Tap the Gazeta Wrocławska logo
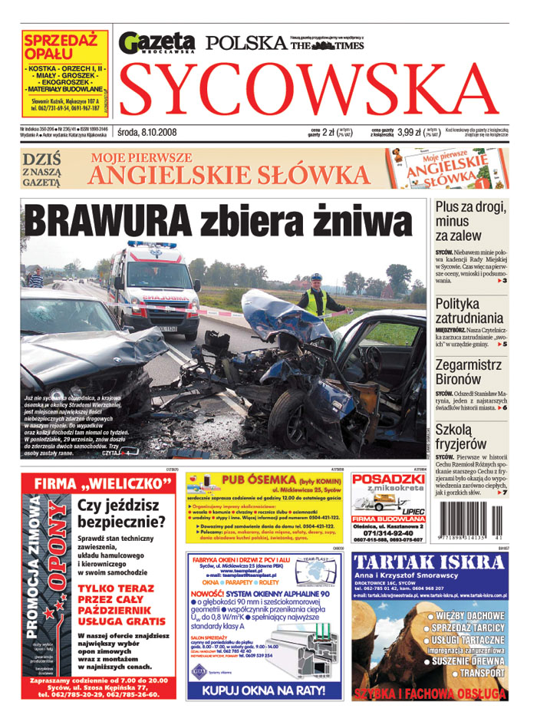click(158, 42)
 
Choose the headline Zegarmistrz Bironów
click(469, 372)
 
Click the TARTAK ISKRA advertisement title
click(429, 562)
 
